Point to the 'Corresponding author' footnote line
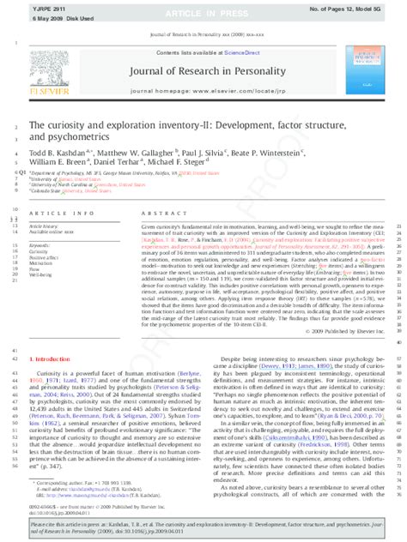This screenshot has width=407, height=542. pos(82,485)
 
